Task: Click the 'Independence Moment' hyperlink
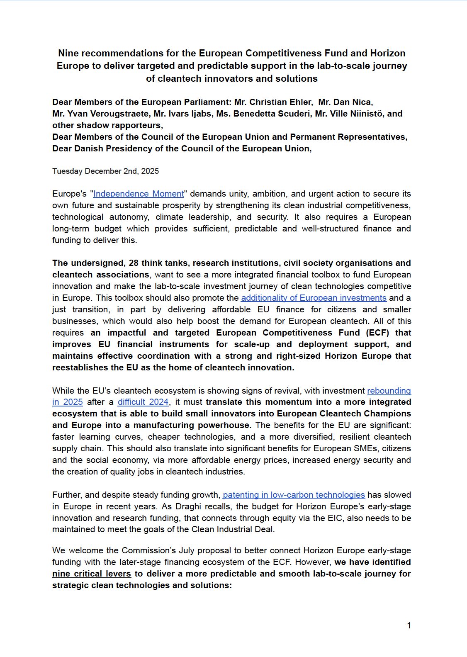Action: click(x=138, y=194)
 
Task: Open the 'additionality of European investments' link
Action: click(x=314, y=298)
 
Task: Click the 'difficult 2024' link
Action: click(x=143, y=402)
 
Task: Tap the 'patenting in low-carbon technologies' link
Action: click(x=294, y=495)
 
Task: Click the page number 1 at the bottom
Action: click(x=409, y=625)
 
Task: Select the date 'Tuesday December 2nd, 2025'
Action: click(x=105, y=171)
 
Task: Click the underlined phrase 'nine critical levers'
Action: click(x=92, y=574)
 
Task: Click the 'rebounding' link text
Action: click(x=389, y=391)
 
